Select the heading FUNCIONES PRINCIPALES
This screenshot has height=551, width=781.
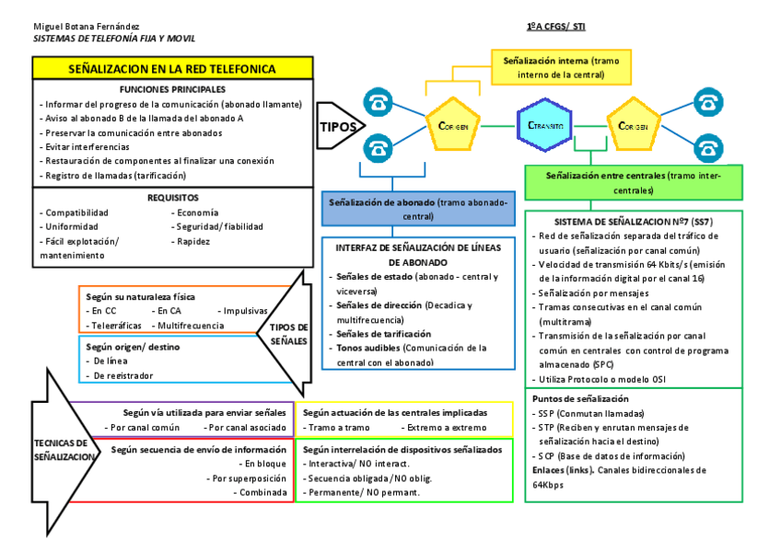pyautogui.click(x=172, y=89)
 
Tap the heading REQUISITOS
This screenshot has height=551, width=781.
pyautogui.click(x=172, y=198)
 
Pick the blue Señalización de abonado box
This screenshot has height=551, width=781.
pyautogui.click(x=418, y=209)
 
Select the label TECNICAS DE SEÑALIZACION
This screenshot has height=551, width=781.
pyautogui.click(x=62, y=449)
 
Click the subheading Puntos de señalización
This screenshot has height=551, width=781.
pyautogui.click(x=577, y=399)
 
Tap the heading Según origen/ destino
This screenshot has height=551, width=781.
pyautogui.click(x=132, y=347)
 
